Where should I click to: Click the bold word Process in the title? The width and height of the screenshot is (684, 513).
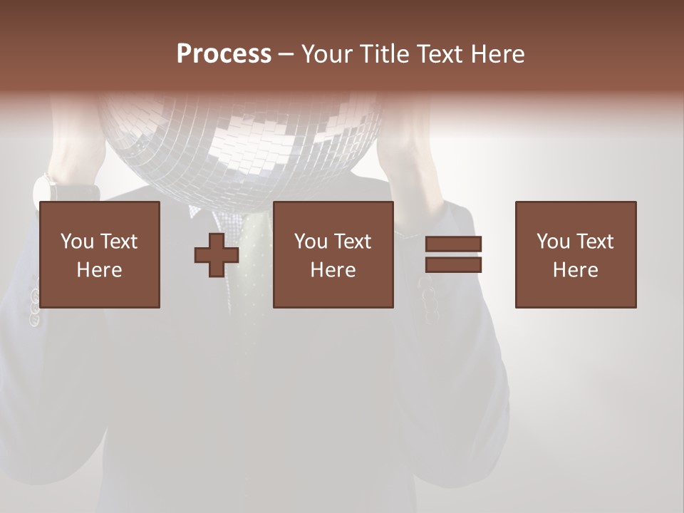[x=224, y=54]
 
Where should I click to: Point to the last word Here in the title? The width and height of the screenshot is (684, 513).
[x=499, y=54]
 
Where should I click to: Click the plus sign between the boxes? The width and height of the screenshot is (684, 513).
[x=217, y=255]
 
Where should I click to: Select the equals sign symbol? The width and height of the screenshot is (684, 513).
[x=453, y=254]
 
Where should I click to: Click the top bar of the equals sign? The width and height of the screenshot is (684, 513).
[x=453, y=244]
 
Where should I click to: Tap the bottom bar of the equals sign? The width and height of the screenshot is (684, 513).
[x=453, y=264]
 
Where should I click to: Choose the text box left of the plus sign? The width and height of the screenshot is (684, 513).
[x=100, y=254]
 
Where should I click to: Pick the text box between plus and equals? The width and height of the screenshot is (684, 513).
[x=333, y=254]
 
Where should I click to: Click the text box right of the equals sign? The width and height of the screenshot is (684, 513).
[x=576, y=254]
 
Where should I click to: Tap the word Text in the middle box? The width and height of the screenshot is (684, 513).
[x=353, y=242]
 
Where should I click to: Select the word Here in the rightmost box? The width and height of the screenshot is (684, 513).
[x=576, y=270]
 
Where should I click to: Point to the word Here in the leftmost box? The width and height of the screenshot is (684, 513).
[x=100, y=270]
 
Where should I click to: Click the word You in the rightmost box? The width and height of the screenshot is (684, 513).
[x=553, y=242]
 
